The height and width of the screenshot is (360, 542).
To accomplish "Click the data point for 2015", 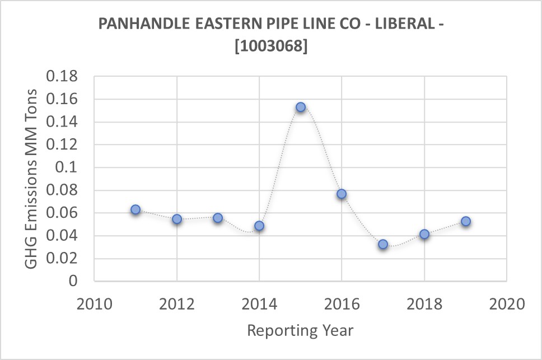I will click(x=301, y=107).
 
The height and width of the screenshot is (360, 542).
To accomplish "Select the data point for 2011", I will click(x=135, y=209).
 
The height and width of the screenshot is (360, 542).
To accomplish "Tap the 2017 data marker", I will click(x=383, y=244).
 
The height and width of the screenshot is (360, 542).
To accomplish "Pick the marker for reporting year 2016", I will click(x=342, y=194).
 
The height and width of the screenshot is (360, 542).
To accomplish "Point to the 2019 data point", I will click(x=466, y=221).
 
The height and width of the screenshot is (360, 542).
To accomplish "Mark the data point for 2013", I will click(x=218, y=218).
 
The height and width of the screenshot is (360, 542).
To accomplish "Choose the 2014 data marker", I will click(x=259, y=226).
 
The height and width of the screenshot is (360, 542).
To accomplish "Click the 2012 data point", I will click(x=177, y=219).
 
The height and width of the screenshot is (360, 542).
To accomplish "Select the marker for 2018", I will click(x=424, y=234).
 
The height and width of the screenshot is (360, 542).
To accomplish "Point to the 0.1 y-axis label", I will click(x=69, y=167).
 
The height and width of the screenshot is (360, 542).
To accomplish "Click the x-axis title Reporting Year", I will click(x=300, y=330).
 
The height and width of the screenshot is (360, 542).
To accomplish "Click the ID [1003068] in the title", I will click(x=271, y=47).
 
